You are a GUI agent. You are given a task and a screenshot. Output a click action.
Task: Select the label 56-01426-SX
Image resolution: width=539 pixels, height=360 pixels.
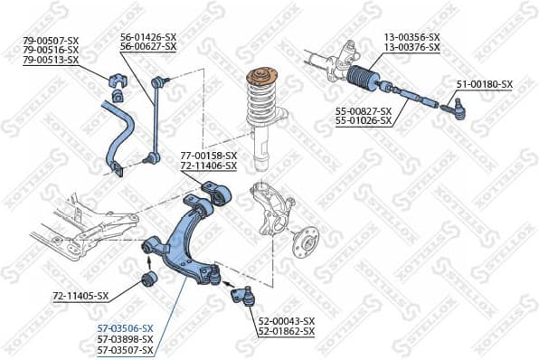pos(149,37)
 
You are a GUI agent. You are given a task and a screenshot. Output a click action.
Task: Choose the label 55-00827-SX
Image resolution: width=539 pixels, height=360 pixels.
pos(364,109)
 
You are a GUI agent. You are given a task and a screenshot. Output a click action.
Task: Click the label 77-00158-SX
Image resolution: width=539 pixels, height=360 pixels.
pos(209,155)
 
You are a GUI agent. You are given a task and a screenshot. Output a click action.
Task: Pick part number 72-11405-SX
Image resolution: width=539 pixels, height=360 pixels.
pos(80,296)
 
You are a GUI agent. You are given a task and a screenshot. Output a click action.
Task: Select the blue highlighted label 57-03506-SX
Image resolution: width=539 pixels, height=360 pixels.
pos(125,328)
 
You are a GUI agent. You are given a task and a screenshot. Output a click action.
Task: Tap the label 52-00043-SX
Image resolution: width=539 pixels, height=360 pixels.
pos(287,321)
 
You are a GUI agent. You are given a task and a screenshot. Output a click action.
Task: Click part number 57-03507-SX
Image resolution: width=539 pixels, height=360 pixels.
pos(125,350)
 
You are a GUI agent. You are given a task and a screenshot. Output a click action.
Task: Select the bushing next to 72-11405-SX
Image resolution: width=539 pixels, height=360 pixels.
pos(150,278)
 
